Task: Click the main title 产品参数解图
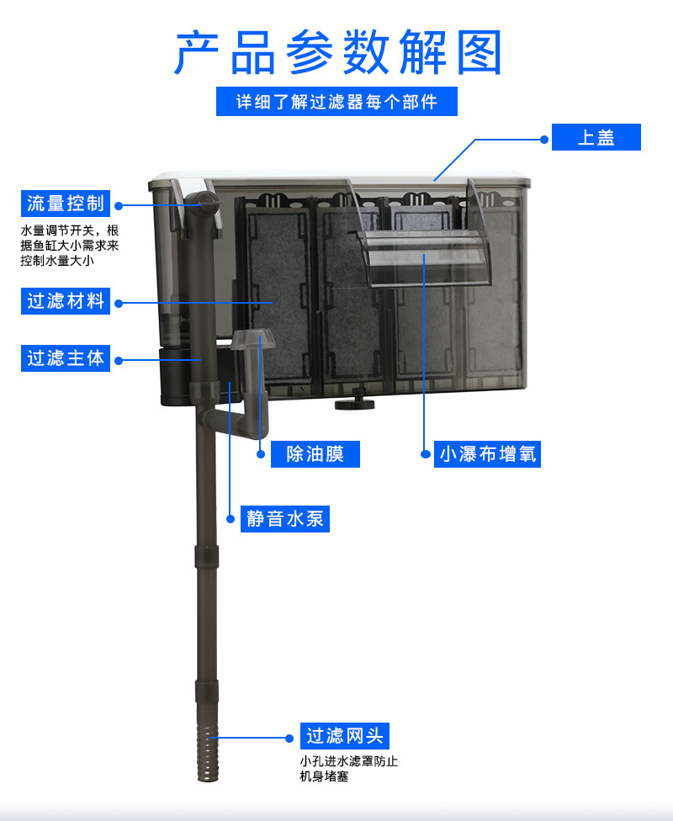coord(337,52)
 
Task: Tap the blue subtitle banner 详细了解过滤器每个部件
coord(336,102)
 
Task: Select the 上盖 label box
coord(596,137)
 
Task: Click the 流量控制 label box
coord(66,204)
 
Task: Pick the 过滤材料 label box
coord(66,300)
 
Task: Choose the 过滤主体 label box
coord(66,358)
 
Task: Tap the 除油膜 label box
coord(315,454)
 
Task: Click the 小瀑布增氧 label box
coord(488,454)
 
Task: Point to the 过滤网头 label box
coord(345,736)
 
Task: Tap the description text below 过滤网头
coord(348,769)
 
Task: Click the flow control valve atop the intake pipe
coord(202,203)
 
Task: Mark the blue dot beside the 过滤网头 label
coord(289,737)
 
